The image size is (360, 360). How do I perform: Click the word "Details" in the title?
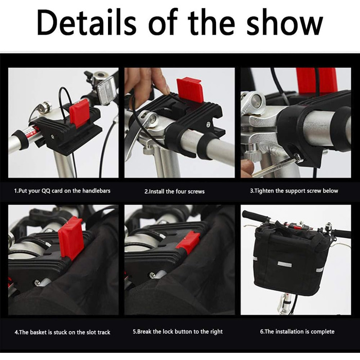pyautogui.click(x=86, y=23)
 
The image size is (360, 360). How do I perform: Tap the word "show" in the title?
pyautogui.click(x=284, y=23)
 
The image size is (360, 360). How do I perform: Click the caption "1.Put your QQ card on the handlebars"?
pyautogui.click(x=62, y=191)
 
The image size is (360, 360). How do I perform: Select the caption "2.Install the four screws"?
pyautogui.click(x=174, y=191)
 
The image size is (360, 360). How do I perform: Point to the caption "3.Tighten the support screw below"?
pyautogui.click(x=294, y=191)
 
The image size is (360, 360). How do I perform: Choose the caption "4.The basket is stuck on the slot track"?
pyautogui.click(x=62, y=332)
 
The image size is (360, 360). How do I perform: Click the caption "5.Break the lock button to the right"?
pyautogui.click(x=178, y=332)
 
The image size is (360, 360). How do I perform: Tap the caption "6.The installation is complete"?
pyautogui.click(x=297, y=332)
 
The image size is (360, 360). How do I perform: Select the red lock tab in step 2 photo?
pyautogui.click(x=190, y=89)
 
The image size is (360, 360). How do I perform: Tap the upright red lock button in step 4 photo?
pyautogui.click(x=70, y=238)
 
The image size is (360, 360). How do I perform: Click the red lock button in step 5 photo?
pyautogui.click(x=188, y=242)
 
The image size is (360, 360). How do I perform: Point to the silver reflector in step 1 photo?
pyautogui.click(x=106, y=90)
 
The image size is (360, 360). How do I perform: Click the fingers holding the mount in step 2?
pyautogui.click(x=147, y=80)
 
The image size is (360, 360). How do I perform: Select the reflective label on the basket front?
pyautogui.click(x=285, y=264)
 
